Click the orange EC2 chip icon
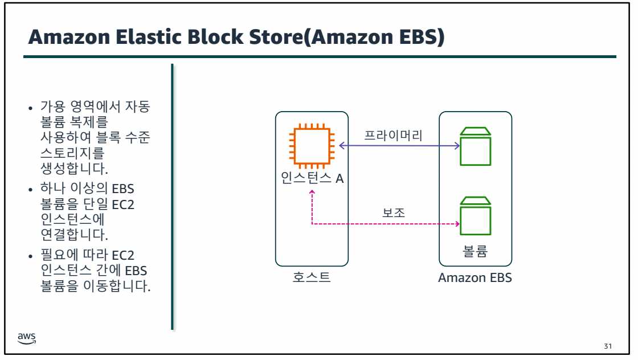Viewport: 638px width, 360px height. (311, 145)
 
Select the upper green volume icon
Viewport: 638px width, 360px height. (475, 146)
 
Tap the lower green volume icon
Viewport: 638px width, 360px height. (475, 217)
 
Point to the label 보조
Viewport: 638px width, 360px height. (394, 212)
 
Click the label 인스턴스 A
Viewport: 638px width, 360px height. (312, 178)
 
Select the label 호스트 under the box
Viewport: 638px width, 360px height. (312, 278)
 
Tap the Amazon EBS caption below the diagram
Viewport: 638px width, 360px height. (475, 278)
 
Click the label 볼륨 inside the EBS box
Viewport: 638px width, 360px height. (475, 251)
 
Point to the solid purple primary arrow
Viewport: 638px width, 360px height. (399, 146)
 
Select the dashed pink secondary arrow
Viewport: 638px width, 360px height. (387, 224)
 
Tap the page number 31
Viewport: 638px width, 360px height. (607, 346)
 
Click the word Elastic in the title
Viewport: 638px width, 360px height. (172, 38)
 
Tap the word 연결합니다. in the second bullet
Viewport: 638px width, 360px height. (71, 234)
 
